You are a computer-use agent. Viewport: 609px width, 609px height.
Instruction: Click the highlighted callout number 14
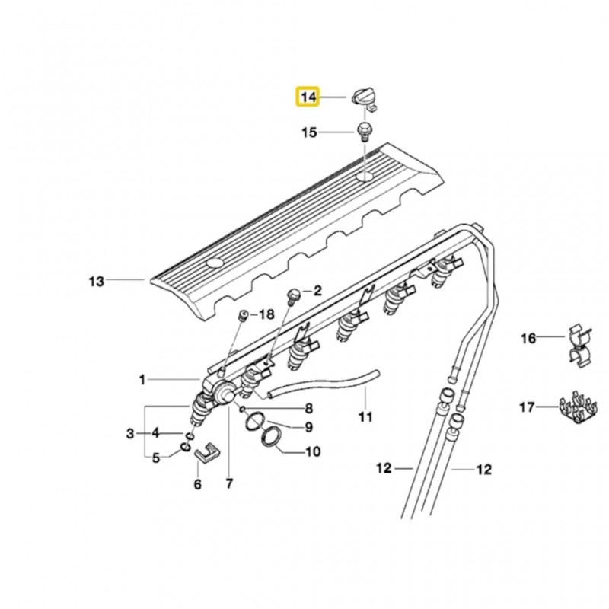pyautogui.click(x=308, y=97)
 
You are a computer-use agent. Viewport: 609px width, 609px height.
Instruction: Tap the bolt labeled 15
pyautogui.click(x=364, y=132)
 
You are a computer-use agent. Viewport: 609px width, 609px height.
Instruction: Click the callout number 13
pyautogui.click(x=97, y=281)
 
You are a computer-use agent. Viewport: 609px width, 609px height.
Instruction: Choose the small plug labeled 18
pyautogui.click(x=244, y=315)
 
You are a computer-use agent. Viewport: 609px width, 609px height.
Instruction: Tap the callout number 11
pyautogui.click(x=365, y=417)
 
